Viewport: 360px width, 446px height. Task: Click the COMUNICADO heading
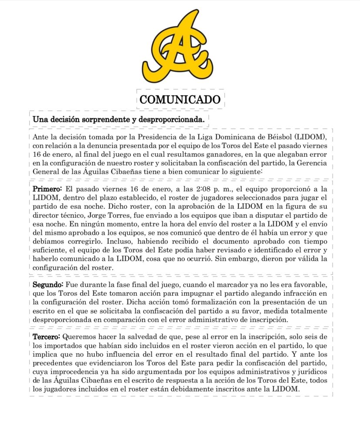(180, 99)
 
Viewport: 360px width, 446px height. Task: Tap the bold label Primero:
(47, 190)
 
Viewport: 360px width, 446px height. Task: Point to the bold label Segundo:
(48, 285)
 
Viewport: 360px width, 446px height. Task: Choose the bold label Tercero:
(47, 337)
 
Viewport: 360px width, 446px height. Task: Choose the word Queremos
(80, 337)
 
